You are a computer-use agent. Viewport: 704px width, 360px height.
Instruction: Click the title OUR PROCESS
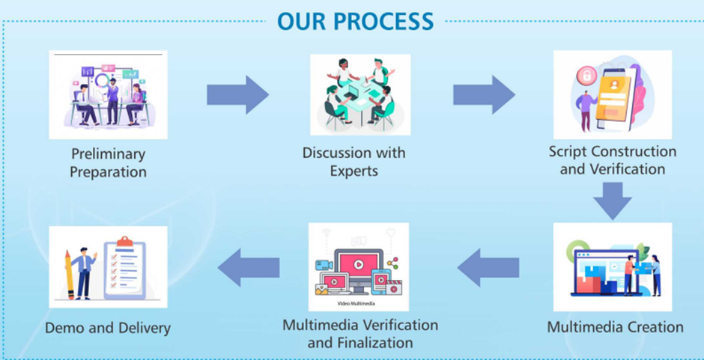click(x=356, y=20)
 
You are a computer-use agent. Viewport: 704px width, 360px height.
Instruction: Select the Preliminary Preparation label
click(x=108, y=162)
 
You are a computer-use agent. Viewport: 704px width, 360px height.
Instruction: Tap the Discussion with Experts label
click(x=353, y=162)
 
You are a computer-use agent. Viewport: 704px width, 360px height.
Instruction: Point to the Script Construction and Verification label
click(x=612, y=160)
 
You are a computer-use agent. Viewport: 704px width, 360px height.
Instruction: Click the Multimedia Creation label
click(x=615, y=327)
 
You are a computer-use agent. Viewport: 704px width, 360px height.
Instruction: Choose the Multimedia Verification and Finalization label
click(x=360, y=334)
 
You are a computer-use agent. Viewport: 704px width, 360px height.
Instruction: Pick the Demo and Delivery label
click(x=108, y=328)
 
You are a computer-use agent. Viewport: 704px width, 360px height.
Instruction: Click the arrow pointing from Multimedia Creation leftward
click(x=488, y=267)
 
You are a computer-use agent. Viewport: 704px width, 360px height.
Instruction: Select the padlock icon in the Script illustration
click(x=584, y=75)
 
